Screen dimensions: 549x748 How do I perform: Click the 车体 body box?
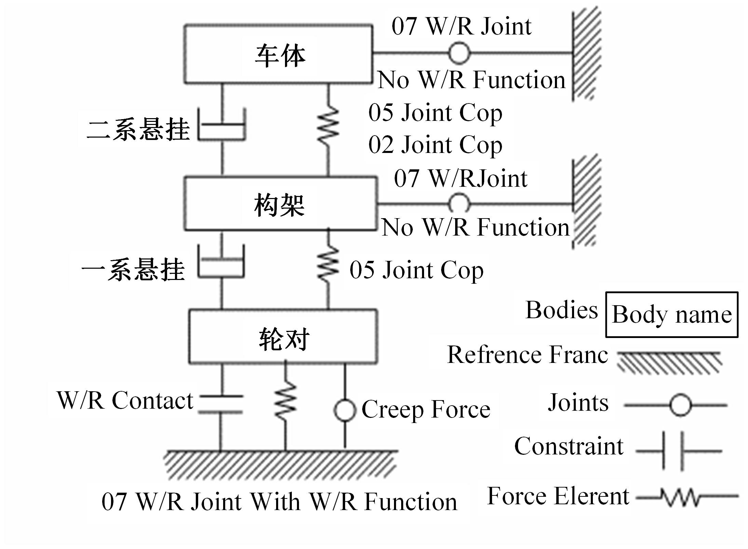pos(278,54)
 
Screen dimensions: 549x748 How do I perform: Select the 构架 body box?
pos(280,204)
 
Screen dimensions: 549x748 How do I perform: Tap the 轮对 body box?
pos(283,337)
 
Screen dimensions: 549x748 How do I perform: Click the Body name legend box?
pos(672,314)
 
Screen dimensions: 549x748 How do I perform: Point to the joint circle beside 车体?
pos(459,53)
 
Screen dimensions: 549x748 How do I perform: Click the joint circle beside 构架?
pos(459,204)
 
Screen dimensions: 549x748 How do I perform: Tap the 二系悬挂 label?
pos(138,130)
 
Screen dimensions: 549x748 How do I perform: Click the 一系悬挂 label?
pos(133,270)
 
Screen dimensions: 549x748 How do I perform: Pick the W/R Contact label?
pos(125,400)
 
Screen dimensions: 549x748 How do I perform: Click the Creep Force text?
pos(426,409)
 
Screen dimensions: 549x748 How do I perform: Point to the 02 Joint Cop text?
pos(435,145)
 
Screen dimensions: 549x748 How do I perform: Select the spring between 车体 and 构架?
pos(328,125)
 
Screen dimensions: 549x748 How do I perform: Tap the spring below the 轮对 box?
pos(286,400)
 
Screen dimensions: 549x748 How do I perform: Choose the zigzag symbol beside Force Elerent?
pos(687,497)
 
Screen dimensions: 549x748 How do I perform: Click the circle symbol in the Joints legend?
pos(680,405)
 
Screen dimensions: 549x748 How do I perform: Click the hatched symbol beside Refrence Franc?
pos(670,362)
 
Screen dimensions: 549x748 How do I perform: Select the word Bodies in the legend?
pos(561,310)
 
